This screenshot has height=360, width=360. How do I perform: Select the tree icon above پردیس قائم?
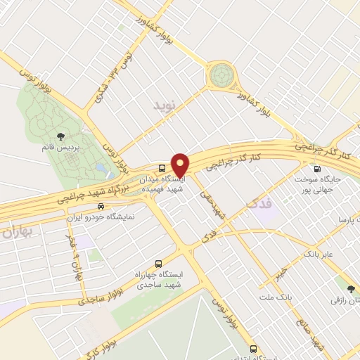tap(61, 137)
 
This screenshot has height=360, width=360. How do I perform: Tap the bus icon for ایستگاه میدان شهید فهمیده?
tap(162, 168)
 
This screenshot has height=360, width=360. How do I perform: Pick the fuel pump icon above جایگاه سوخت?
tap(316, 169)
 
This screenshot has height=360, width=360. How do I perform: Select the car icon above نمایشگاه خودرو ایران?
tap(101, 207)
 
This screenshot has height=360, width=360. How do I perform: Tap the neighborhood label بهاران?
tap(17, 232)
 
